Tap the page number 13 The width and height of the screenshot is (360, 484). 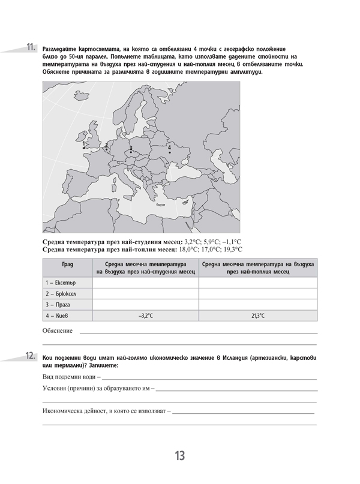coord(180,456)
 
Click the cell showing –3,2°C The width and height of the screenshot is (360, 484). coord(145,315)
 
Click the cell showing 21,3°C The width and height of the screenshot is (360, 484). coord(259,315)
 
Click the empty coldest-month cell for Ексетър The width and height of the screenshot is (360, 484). coord(145,282)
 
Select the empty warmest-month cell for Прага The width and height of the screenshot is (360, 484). coord(259,304)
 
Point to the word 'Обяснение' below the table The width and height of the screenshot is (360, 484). coord(58,330)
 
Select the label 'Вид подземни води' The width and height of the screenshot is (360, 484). coord(69,377)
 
